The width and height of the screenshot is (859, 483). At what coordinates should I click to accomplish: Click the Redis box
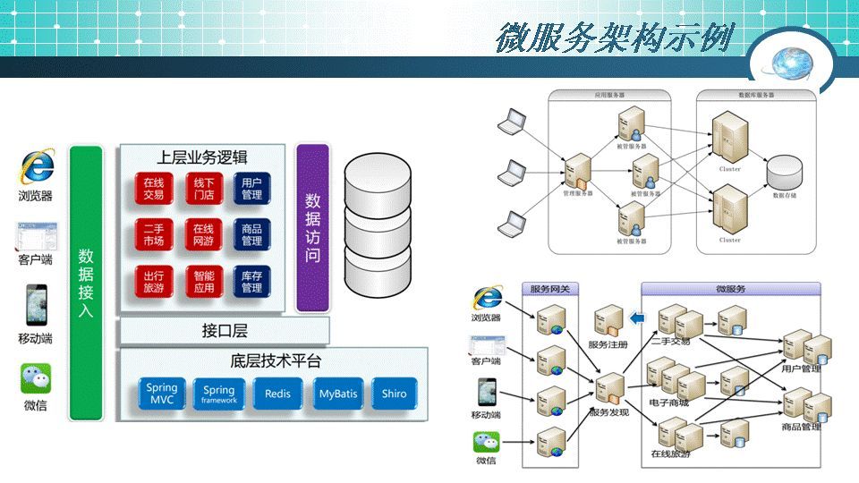(x=277, y=394)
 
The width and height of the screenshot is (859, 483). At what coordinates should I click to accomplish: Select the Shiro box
(x=394, y=394)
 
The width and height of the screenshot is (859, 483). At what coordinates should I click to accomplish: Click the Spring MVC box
(x=162, y=394)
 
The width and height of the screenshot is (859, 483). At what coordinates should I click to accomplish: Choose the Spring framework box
(x=218, y=394)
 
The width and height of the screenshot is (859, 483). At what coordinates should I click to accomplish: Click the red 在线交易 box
(x=153, y=188)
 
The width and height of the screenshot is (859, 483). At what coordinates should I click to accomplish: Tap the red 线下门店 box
(x=203, y=188)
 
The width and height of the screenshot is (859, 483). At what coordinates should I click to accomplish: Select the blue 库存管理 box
(x=251, y=282)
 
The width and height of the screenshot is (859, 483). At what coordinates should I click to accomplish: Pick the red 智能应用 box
(x=203, y=282)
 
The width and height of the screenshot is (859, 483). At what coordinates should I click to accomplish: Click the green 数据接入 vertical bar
(x=86, y=283)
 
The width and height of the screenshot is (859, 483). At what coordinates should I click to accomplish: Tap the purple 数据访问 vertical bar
(x=312, y=227)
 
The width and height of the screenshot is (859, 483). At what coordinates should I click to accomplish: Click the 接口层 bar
(x=225, y=331)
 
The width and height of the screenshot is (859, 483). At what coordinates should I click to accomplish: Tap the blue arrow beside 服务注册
(x=638, y=317)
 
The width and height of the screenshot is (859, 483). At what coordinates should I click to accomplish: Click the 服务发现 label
(x=609, y=413)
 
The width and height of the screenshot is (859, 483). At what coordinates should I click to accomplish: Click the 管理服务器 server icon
(x=578, y=170)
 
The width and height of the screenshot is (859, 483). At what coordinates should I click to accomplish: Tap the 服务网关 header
(x=556, y=289)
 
